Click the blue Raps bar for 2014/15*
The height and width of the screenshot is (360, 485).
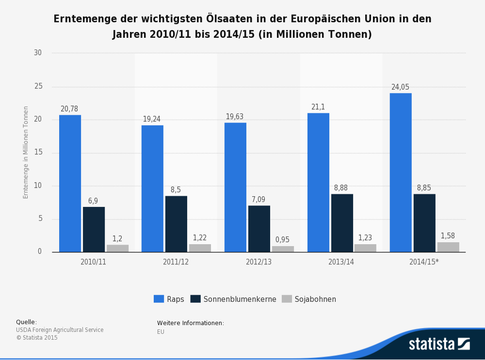coord(401,172)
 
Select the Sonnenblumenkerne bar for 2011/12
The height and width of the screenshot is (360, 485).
coord(176,224)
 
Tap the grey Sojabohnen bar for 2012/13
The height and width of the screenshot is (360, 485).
coord(283,249)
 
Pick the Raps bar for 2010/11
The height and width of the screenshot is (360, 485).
coord(70,183)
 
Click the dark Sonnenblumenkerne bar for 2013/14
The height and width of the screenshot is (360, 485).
coord(342,223)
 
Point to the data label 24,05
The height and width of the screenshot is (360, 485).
coord(400,87)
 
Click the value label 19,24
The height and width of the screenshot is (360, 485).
coord(152,119)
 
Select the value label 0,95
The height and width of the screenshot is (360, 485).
coord(282,240)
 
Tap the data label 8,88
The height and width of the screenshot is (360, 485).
coord(341,188)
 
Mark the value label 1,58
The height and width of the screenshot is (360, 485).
coord(448,236)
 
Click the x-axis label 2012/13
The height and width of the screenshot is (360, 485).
coord(259,262)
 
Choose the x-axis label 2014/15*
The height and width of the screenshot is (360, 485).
coord(424,262)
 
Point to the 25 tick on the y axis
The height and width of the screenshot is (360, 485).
coord(38,86)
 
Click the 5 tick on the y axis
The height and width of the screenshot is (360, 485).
coord(40,219)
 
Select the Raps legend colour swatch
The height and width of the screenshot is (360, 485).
coord(159,299)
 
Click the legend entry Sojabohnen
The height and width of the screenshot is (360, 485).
coord(315,299)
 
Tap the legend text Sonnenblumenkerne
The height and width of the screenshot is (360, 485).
coord(240,299)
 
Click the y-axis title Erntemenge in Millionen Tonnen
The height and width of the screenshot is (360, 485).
coord(26,152)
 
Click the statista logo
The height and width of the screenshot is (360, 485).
coord(439,344)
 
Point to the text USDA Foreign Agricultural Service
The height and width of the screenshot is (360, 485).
coord(60,330)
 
